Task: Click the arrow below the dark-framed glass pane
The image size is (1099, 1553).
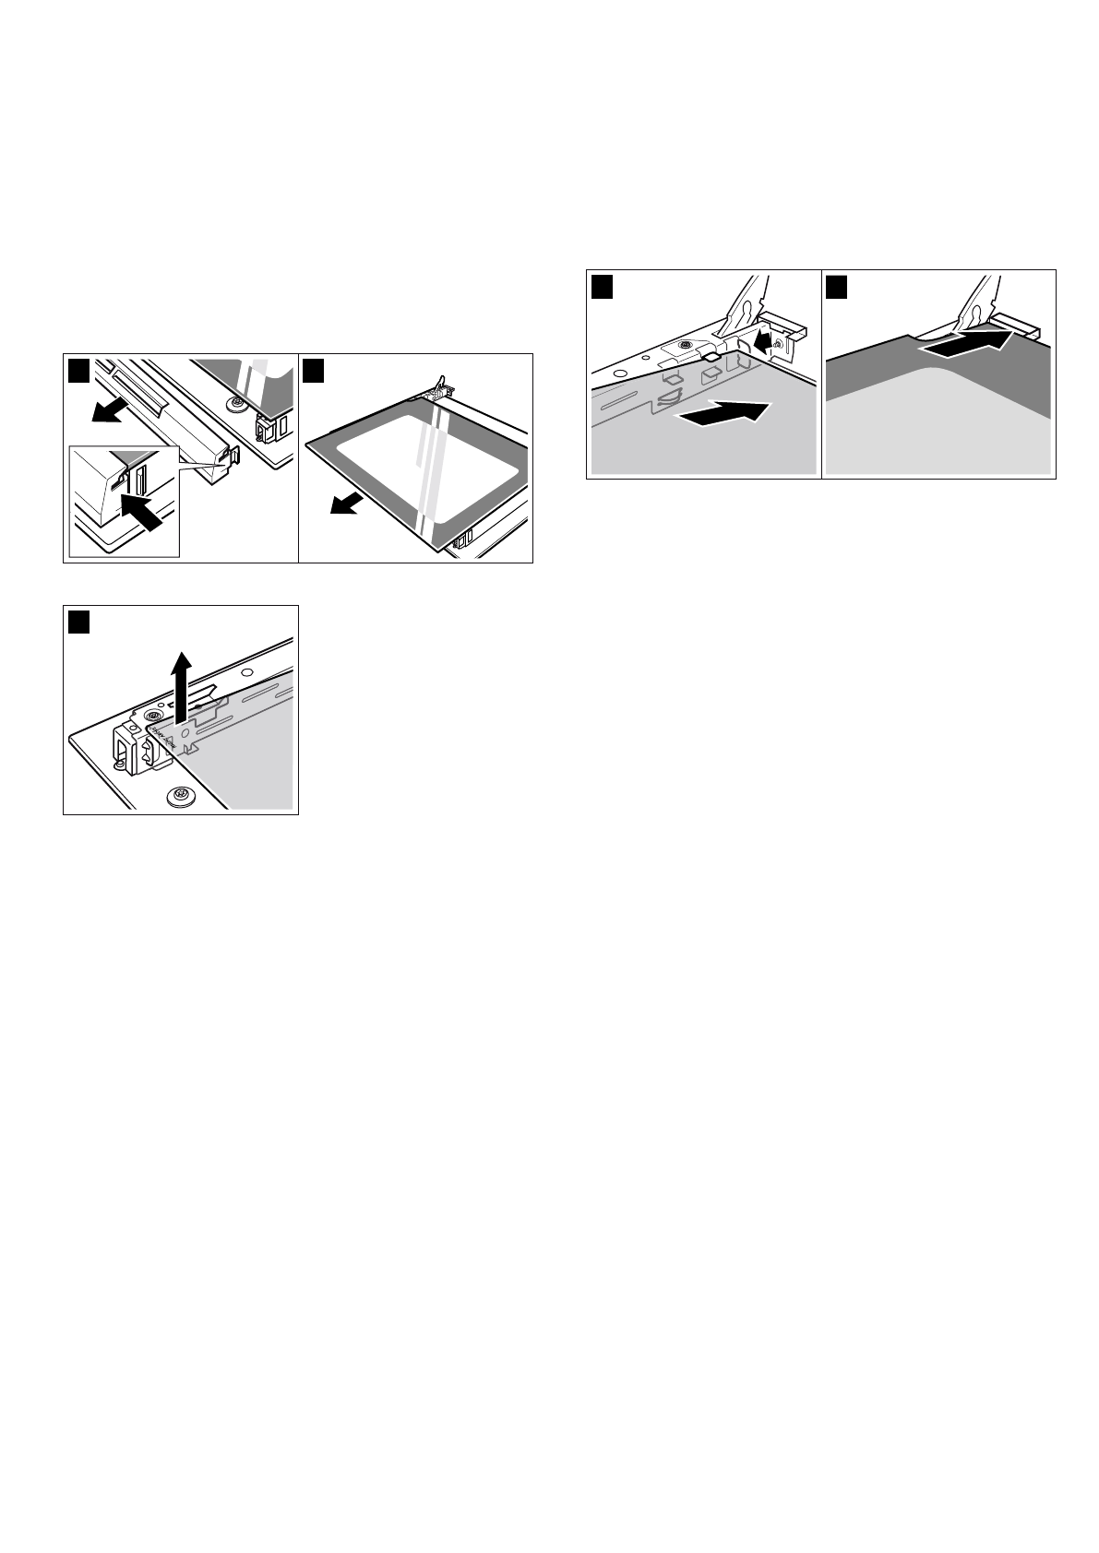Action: pos(346,504)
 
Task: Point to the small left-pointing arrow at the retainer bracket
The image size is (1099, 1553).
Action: pos(760,341)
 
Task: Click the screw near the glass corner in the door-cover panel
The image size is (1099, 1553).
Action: pos(238,403)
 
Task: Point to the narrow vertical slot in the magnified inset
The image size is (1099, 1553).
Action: pos(141,480)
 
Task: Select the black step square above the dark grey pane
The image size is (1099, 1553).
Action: pos(837,286)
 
